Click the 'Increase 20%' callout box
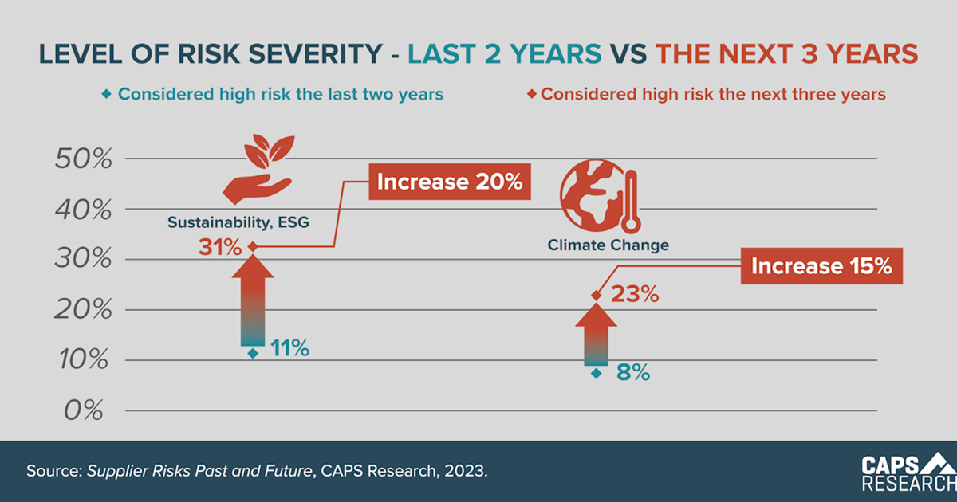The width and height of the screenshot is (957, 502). click(449, 182)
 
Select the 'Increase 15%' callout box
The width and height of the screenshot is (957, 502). click(823, 265)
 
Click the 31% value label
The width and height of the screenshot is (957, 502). click(220, 248)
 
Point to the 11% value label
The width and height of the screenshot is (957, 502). click(289, 348)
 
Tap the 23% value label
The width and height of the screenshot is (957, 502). click(635, 295)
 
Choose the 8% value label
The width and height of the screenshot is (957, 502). click(633, 371)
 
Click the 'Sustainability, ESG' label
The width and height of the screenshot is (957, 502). click(238, 222)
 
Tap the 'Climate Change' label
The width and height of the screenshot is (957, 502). click(608, 245)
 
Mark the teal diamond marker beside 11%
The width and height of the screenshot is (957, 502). click(253, 353)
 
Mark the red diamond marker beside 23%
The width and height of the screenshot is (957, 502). click(596, 296)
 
